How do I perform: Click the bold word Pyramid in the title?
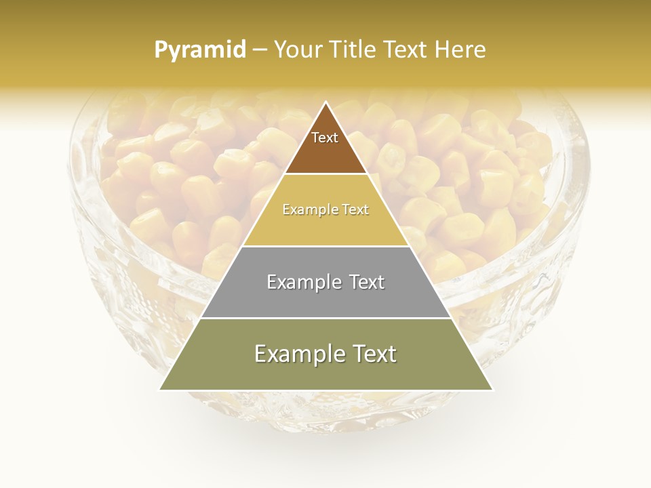200,50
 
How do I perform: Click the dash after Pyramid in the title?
260,50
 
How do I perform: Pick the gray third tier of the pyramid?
325,298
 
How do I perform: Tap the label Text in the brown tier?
325,138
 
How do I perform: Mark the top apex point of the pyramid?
326,102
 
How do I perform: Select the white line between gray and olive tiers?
325,318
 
